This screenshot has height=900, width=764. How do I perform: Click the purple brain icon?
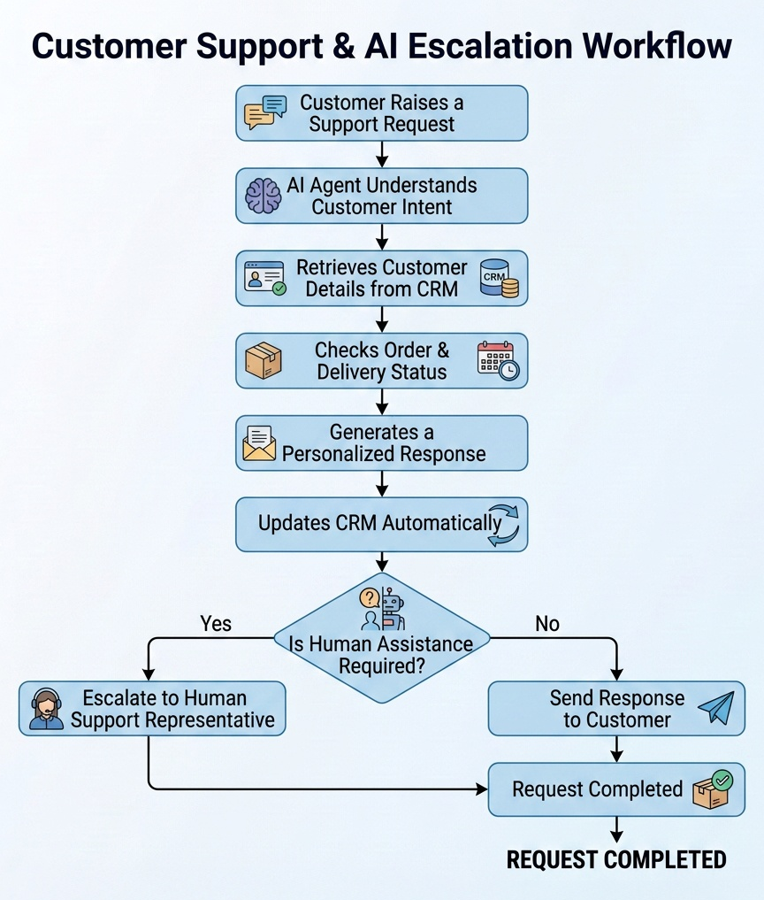click(264, 196)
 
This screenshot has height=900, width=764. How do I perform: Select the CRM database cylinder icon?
click(499, 279)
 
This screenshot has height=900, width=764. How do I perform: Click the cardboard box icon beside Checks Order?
click(264, 360)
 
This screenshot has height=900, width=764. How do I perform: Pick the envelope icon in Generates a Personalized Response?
click(259, 443)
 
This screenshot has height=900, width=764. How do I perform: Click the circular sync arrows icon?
click(503, 525)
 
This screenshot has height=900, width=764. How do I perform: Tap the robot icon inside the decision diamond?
click(393, 609)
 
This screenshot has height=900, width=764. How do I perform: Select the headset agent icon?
click(47, 709)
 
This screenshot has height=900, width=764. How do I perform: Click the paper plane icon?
click(716, 707)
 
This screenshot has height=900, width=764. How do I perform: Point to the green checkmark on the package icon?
click(722, 780)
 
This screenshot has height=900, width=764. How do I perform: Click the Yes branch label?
click(216, 624)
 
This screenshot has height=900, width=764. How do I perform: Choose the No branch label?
click(547, 624)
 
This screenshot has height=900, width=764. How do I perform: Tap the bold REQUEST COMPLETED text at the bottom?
click(616, 860)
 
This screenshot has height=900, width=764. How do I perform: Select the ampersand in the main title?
click(344, 47)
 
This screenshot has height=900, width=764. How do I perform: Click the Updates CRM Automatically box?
click(382, 525)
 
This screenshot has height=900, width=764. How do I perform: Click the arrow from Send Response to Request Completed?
click(616, 749)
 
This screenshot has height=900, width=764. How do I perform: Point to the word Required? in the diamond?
click(382, 666)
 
